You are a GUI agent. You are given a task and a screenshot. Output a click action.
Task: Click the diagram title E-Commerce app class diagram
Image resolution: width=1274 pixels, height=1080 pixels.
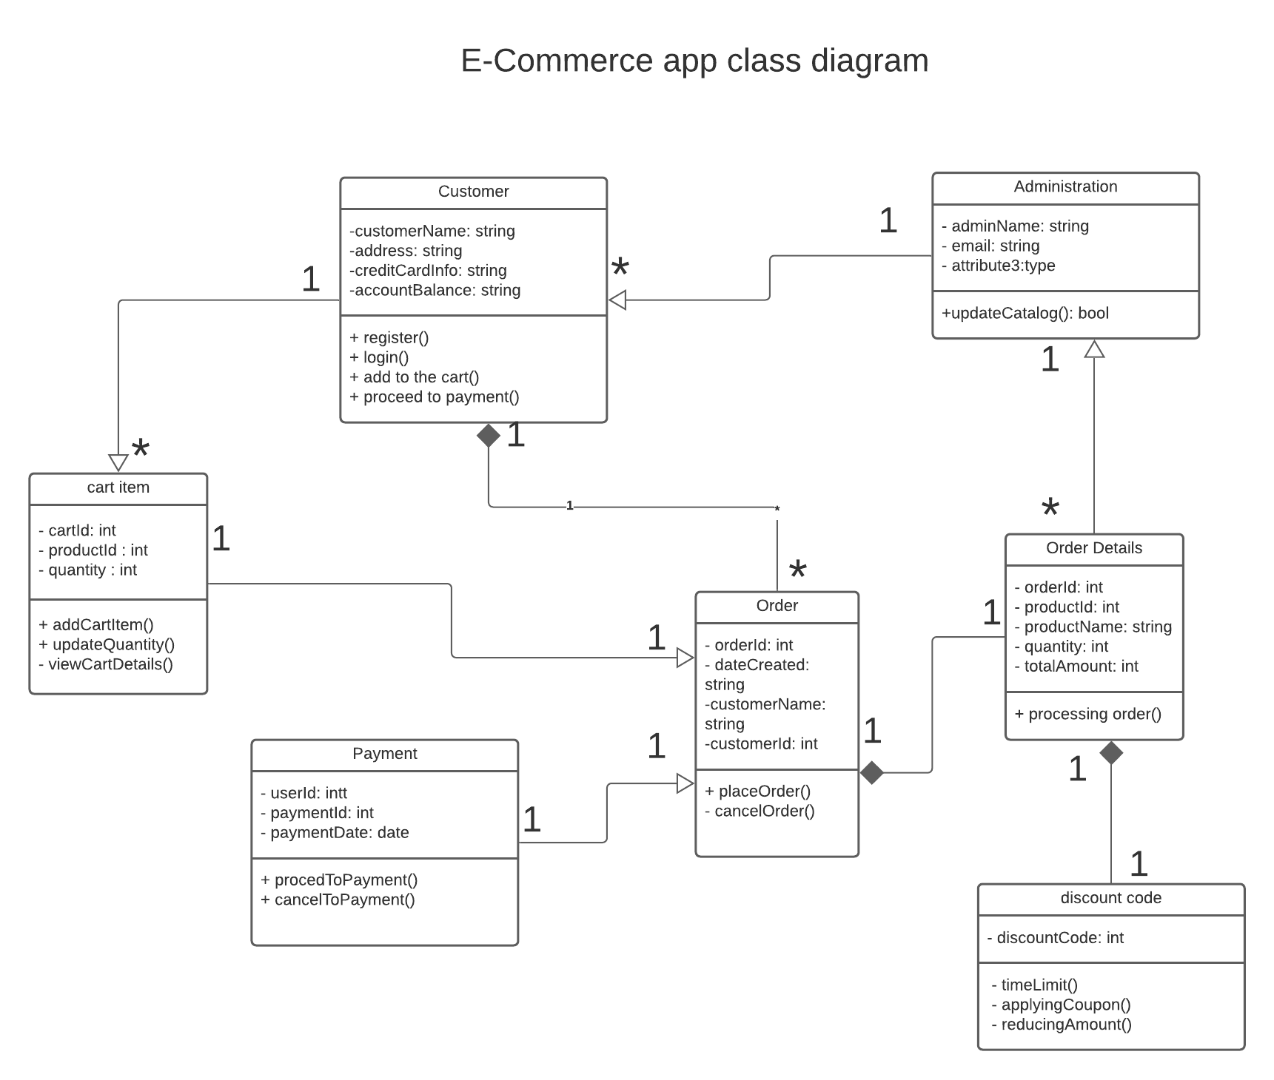click(694, 61)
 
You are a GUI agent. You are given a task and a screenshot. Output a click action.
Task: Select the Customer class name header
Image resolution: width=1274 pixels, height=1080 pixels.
click(473, 192)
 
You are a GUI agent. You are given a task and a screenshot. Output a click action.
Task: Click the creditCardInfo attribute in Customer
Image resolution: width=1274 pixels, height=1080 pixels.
click(428, 271)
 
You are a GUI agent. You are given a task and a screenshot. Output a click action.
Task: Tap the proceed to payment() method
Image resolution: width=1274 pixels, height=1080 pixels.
click(435, 397)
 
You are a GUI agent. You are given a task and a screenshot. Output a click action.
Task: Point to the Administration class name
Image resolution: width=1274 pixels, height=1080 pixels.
click(1065, 187)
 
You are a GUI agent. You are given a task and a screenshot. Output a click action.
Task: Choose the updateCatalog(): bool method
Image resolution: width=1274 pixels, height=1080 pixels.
click(1025, 314)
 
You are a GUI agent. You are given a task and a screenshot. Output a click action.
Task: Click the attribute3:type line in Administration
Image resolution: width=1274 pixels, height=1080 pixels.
click(998, 266)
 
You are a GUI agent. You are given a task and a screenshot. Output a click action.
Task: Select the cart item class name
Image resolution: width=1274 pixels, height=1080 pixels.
click(118, 487)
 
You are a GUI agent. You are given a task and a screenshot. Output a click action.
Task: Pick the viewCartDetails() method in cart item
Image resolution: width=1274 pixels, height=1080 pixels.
click(105, 664)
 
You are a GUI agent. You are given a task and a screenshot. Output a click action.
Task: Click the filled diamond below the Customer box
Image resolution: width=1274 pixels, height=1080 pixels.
click(489, 436)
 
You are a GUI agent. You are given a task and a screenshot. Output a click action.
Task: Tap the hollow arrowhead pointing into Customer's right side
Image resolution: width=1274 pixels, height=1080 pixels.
click(618, 300)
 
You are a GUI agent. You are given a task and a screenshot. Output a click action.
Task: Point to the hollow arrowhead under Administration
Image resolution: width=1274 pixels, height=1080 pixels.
click(1094, 349)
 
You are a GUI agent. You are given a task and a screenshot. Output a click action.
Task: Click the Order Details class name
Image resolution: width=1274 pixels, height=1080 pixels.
click(1093, 548)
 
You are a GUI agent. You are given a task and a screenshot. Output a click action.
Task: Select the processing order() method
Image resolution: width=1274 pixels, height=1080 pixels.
click(1087, 715)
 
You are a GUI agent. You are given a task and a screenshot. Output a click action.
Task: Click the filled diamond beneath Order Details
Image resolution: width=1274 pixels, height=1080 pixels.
click(1110, 753)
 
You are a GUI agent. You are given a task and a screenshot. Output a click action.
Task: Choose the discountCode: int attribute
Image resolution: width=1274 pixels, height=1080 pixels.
click(1055, 938)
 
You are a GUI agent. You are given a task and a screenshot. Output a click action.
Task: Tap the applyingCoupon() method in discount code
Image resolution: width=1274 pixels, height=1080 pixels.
click(1061, 1005)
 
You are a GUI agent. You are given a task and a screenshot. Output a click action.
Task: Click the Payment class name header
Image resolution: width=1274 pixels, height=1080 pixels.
click(384, 754)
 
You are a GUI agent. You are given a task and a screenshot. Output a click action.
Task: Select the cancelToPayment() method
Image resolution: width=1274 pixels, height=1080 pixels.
click(338, 900)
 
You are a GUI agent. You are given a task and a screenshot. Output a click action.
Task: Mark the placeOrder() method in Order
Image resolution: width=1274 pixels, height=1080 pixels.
click(757, 792)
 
